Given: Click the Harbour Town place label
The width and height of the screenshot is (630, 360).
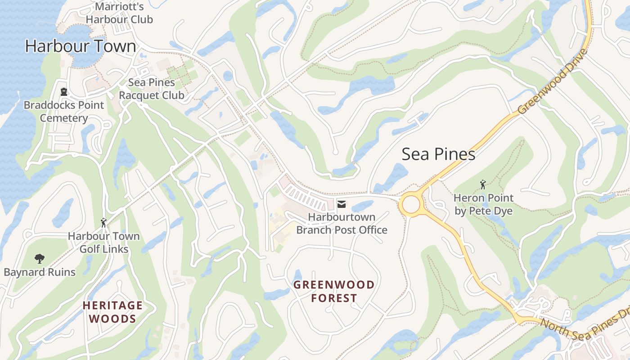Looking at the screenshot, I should coord(80,46).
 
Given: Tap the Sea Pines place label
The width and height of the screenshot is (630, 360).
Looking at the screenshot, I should coord(438,154).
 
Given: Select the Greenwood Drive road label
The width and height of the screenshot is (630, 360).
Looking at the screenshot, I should coord(553,81).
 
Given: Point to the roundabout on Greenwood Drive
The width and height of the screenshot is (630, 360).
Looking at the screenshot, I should coord(411,205).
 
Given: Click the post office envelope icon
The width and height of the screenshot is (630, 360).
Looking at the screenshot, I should coord(342,204).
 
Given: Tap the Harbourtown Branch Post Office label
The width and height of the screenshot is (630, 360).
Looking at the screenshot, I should coord(342,224).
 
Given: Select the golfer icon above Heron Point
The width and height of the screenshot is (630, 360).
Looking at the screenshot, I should coord(483,184).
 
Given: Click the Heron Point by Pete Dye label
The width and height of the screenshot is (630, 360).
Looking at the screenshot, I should coord(483,204).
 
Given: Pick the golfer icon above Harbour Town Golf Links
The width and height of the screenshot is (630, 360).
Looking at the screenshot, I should coord(103,223).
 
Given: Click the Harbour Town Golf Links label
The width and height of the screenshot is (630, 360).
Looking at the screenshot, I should coord(104,243).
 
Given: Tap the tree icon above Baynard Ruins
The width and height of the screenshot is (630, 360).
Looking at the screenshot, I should coord(40,258).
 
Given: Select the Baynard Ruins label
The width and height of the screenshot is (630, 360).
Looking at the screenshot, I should coord(40,272).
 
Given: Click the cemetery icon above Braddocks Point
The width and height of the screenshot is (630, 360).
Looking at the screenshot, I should coord(64,92).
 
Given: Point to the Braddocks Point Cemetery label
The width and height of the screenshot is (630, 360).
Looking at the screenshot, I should coord(64,112).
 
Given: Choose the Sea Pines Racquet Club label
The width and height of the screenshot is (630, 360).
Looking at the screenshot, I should coord(152,89).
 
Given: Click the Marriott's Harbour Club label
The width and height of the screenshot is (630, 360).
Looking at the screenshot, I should coord(119,13).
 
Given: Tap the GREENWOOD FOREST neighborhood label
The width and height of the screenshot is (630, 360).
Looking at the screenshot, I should coord(333,291).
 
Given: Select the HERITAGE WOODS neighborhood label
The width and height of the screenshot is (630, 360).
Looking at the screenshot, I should coord(112,312).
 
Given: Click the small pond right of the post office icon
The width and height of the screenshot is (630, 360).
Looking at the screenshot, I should coord(362,207).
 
